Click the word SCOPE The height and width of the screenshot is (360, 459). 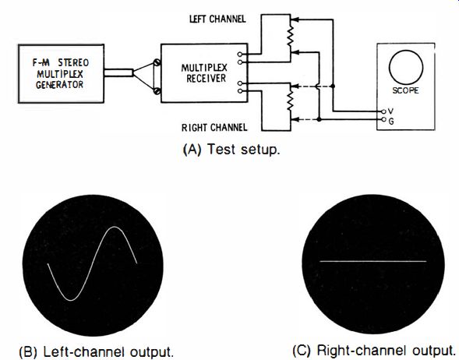[x=405, y=90]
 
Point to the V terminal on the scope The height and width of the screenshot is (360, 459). [x=383, y=111]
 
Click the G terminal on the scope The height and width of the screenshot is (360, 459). [x=383, y=119]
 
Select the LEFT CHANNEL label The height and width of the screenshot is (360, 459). [x=217, y=19]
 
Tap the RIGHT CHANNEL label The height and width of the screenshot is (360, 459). [x=214, y=128]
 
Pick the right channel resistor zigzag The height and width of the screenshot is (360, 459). [x=290, y=100]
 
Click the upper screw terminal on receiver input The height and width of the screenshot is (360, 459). [x=157, y=62]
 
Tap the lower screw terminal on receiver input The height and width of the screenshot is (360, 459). [x=157, y=91]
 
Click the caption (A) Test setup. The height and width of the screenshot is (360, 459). [x=231, y=150]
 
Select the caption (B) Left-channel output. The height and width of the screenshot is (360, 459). [x=97, y=351]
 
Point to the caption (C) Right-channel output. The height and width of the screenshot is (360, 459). [x=374, y=351]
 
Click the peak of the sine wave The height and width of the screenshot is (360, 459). [x=115, y=227]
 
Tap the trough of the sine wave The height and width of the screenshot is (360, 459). [x=71, y=300]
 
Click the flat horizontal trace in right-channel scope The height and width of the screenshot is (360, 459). [x=373, y=261]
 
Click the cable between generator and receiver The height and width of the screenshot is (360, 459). [x=118, y=72]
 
